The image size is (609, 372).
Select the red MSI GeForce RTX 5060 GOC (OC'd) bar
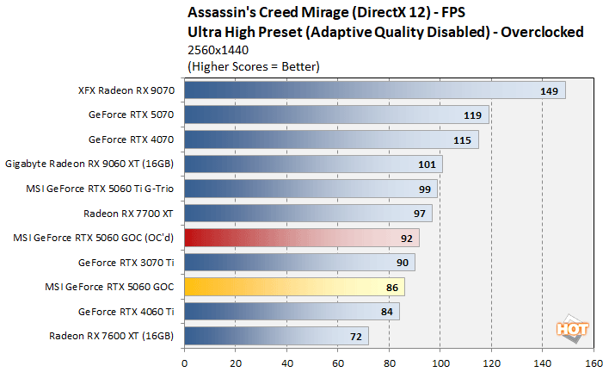pyautogui.click(x=301, y=238)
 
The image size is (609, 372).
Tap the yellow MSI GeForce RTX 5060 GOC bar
pyautogui.click(x=293, y=287)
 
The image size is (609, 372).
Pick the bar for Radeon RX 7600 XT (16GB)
pyautogui.click(x=276, y=336)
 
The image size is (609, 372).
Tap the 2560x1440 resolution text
pyautogui.click(x=215, y=49)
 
